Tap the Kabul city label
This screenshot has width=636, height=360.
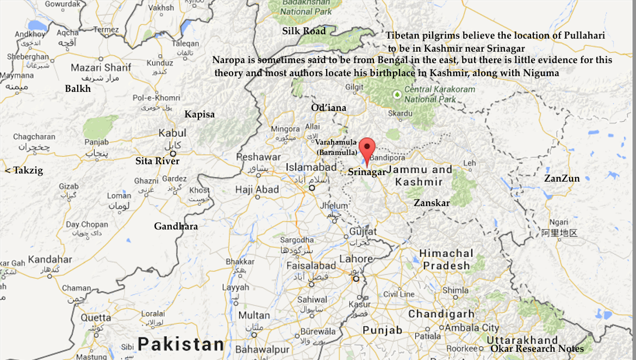click(x=172, y=133)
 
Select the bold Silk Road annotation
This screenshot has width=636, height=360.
click(x=304, y=31)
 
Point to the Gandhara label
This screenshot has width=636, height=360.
click(x=176, y=226)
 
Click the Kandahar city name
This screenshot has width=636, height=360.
click(x=50, y=259)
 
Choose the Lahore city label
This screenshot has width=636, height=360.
click(x=356, y=259)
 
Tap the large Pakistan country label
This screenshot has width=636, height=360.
click(x=180, y=344)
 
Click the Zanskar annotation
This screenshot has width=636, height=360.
click(x=432, y=203)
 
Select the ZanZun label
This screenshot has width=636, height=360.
click(x=562, y=178)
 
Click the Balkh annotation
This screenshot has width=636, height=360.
click(x=78, y=89)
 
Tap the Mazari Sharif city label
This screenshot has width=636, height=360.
click(x=101, y=68)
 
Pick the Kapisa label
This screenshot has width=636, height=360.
click(x=199, y=114)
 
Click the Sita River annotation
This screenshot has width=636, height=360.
click(x=157, y=161)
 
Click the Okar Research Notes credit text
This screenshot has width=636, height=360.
click(x=537, y=349)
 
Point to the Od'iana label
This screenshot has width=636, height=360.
click(x=328, y=108)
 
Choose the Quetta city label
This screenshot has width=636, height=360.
click(x=96, y=318)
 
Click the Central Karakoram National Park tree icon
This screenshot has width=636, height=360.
click(x=397, y=95)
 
